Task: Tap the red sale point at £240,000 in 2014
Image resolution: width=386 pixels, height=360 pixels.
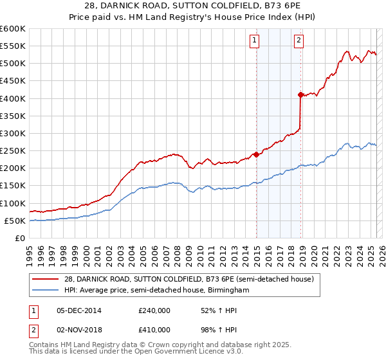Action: tap(256, 154)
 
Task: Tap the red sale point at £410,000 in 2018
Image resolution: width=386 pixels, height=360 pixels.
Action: tap(300, 94)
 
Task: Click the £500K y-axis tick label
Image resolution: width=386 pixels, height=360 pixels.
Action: tap(13, 63)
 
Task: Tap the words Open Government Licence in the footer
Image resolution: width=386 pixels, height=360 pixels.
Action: tap(176, 353)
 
